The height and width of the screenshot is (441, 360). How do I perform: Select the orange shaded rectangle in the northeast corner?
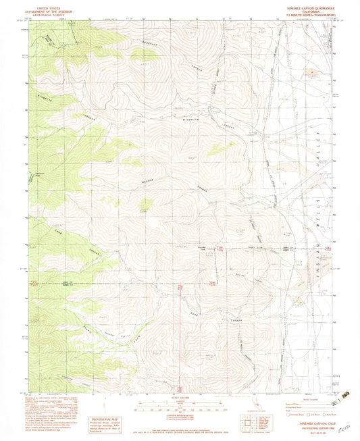point(313,70)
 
